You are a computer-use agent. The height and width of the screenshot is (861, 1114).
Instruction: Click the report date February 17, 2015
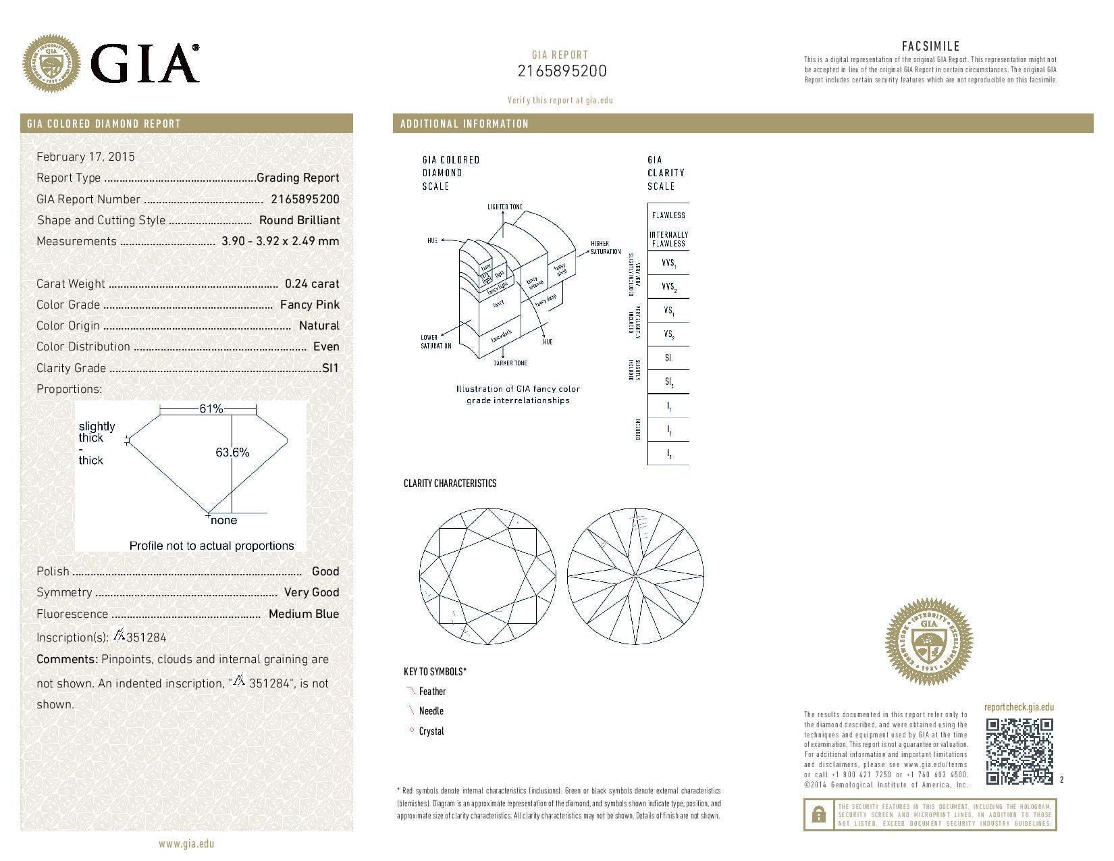86,157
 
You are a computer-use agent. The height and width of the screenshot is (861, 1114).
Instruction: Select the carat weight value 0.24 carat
312,284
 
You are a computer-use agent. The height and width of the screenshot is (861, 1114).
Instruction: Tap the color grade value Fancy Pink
310,305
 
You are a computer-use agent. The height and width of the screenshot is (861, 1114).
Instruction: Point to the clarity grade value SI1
331,368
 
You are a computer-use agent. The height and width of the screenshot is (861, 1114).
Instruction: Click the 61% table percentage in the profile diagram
211,409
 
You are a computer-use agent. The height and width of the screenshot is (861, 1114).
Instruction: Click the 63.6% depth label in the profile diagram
233,452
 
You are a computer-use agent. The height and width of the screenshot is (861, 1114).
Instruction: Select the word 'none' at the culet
223,521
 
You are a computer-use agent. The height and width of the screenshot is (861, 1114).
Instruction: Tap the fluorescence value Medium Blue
304,614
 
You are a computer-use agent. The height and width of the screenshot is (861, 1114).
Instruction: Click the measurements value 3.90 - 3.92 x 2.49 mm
280,241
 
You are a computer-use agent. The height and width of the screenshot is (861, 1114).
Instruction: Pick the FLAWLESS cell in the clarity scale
668,215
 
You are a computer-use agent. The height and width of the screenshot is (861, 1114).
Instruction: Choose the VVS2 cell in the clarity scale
668,287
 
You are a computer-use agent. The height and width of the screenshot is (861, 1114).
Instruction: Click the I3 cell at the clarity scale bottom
668,454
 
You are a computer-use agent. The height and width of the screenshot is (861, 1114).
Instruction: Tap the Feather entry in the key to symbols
432,692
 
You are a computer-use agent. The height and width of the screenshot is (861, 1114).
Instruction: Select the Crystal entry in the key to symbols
431,731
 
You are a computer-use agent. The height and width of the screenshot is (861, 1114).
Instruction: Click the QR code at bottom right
1019,752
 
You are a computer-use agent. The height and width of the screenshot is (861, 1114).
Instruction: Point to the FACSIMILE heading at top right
930,46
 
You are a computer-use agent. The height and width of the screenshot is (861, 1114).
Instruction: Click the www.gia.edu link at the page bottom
186,843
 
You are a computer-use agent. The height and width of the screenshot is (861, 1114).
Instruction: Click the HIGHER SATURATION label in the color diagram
605,247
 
